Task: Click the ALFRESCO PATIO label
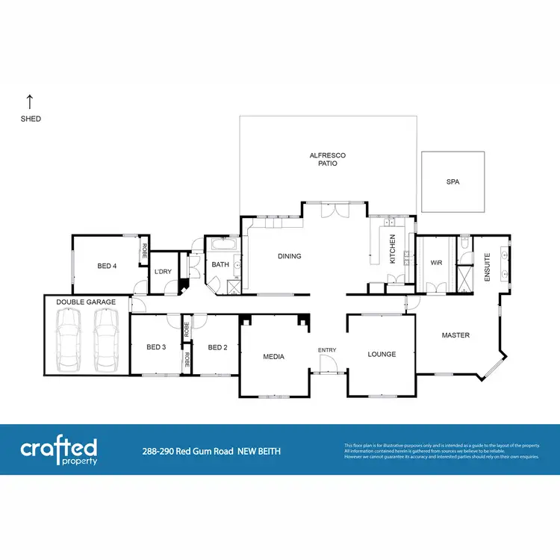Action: click(x=328, y=159)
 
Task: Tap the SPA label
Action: click(x=452, y=181)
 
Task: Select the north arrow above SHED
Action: click(x=30, y=101)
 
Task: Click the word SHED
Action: click(x=31, y=119)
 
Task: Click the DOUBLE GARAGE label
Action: click(x=86, y=302)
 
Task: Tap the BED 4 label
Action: click(x=107, y=266)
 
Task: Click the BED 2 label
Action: click(x=217, y=346)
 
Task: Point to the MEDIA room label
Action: click(x=274, y=356)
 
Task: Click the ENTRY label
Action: click(x=326, y=350)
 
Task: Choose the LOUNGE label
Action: click(x=382, y=354)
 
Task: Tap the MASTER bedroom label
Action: click(x=455, y=335)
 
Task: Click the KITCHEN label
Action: click(x=391, y=249)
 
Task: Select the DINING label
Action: click(x=289, y=256)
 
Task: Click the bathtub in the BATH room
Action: click(x=222, y=244)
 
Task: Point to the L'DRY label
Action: click(x=163, y=271)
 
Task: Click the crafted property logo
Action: click(x=58, y=452)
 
